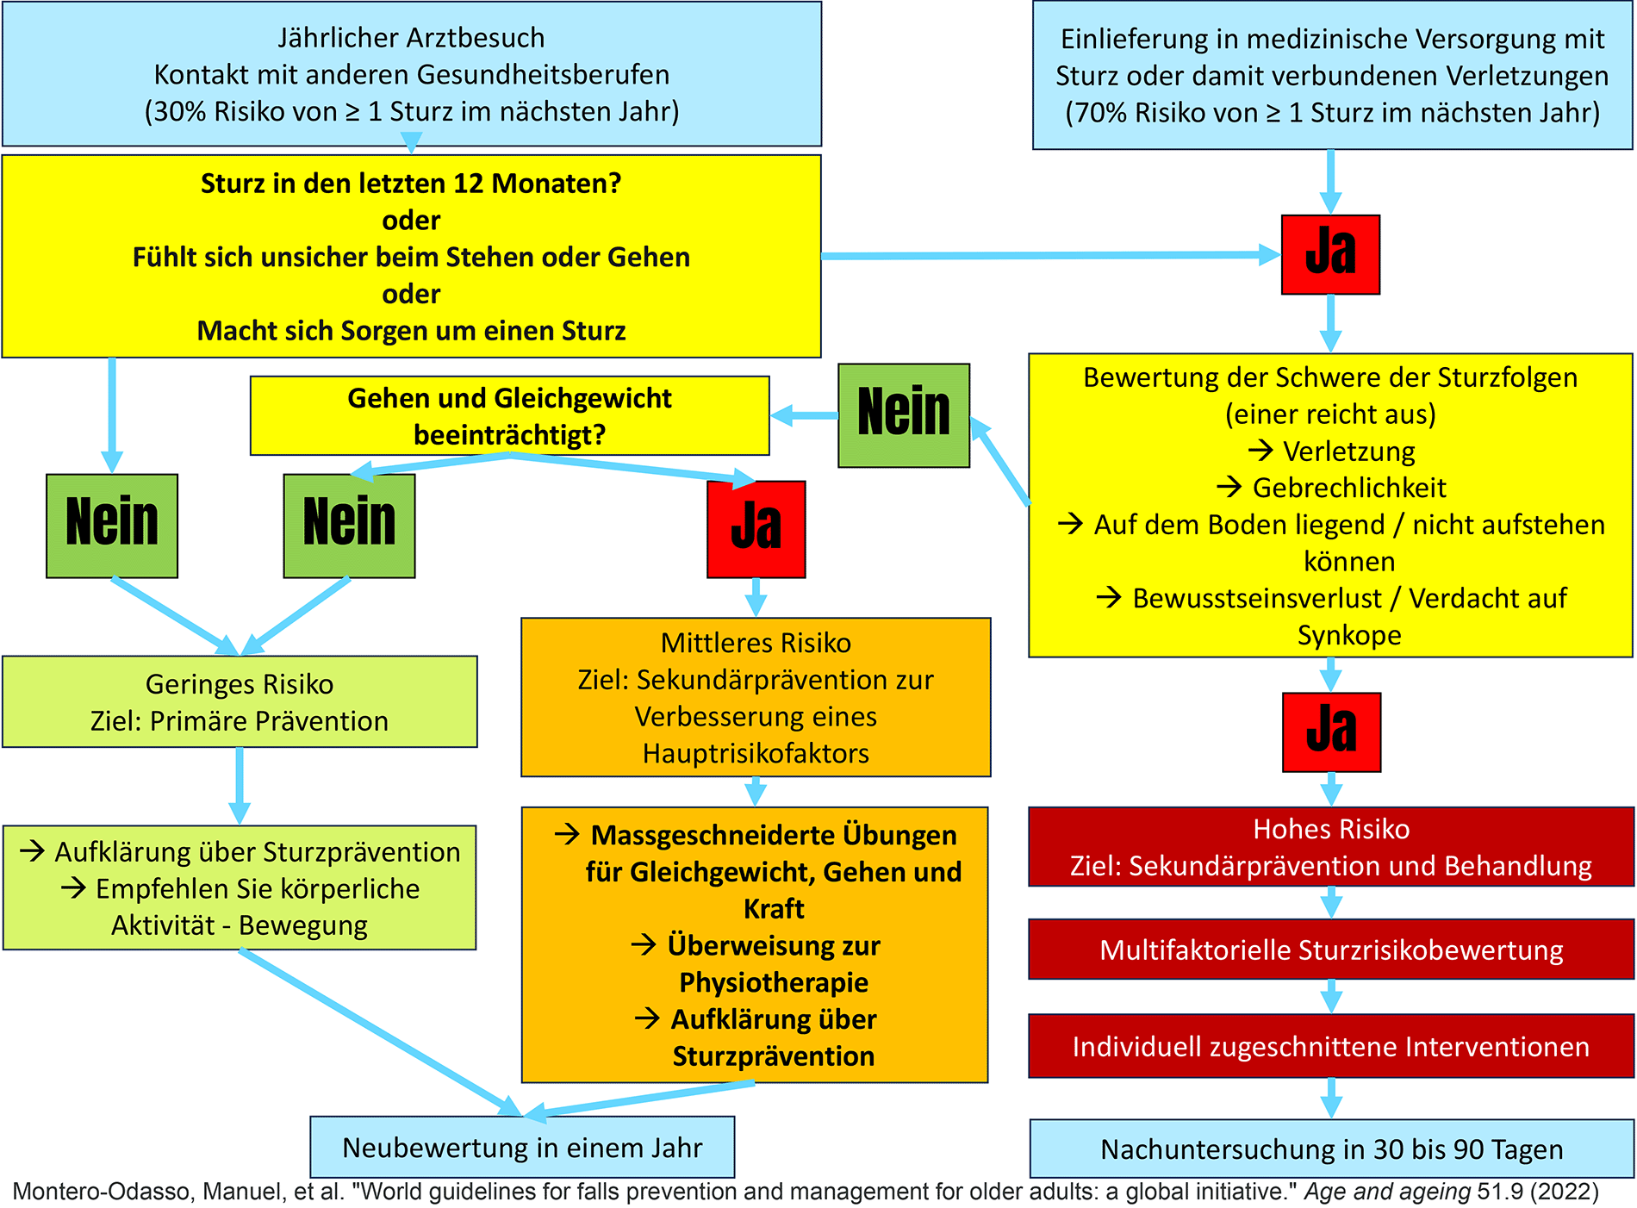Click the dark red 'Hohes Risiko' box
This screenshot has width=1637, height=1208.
[1331, 846]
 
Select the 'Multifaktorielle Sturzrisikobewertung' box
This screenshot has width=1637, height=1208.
[1331, 950]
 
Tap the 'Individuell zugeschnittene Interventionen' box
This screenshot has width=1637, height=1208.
[1331, 1046]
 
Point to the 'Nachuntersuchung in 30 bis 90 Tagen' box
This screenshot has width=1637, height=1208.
[1331, 1149]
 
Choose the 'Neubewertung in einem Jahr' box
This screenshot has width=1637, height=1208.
[522, 1147]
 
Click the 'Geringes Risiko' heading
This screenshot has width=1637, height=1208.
[240, 684]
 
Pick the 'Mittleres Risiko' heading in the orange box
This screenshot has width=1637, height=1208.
[756, 643]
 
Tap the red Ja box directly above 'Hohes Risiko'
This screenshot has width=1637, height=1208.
[1331, 732]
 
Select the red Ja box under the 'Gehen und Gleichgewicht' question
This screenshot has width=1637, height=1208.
[756, 528]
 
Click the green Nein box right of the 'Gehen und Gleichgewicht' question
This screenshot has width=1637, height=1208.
[904, 414]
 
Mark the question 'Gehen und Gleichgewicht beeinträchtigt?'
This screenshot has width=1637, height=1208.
[509, 415]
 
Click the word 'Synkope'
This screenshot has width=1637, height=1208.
[1349, 635]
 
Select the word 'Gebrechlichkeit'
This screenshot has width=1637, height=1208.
[1349, 488]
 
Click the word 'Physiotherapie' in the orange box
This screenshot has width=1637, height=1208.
[774, 982]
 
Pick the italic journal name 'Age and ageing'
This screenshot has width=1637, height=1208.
[1387, 1192]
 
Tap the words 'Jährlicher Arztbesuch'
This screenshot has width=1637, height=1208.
[411, 38]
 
